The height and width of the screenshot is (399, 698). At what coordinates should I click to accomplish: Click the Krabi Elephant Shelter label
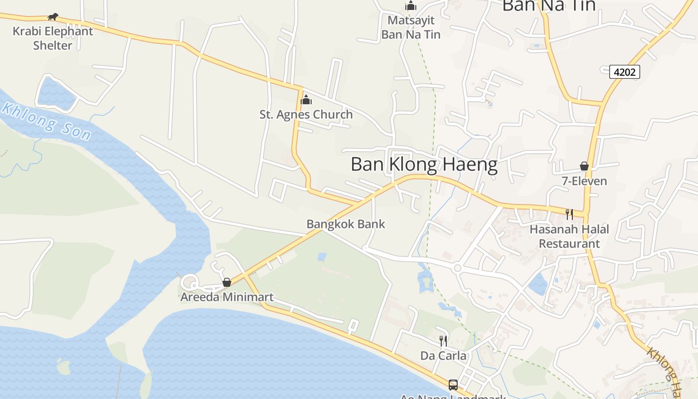pyautogui.click(x=53, y=38)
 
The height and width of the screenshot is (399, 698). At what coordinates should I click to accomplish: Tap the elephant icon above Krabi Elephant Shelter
pyautogui.click(x=53, y=17)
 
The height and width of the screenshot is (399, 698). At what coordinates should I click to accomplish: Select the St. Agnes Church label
pyautogui.click(x=306, y=115)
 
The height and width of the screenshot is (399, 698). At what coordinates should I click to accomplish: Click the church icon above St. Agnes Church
pyautogui.click(x=306, y=100)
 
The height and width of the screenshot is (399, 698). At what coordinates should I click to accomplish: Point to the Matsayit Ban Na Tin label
pyautogui.click(x=411, y=27)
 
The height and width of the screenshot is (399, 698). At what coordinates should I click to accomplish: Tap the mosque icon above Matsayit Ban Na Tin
pyautogui.click(x=411, y=6)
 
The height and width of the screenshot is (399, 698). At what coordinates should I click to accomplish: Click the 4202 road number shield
pyautogui.click(x=624, y=72)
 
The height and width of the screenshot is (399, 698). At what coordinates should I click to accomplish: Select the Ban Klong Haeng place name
pyautogui.click(x=424, y=165)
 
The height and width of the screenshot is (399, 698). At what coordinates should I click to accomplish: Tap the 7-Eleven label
pyautogui.click(x=584, y=181)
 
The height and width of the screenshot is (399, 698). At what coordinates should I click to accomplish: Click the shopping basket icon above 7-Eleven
pyautogui.click(x=584, y=166)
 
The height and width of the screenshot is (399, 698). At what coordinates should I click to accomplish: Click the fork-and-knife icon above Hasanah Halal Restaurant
pyautogui.click(x=569, y=214)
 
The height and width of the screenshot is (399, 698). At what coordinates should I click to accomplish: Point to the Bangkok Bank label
pyautogui.click(x=346, y=224)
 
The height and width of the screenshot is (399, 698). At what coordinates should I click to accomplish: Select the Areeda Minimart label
pyautogui.click(x=227, y=298)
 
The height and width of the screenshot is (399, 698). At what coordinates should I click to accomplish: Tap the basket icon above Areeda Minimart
pyautogui.click(x=227, y=283)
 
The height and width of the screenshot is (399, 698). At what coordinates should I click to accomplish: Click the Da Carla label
pyautogui.click(x=443, y=356)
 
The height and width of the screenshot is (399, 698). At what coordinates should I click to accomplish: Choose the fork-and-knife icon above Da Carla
pyautogui.click(x=443, y=341)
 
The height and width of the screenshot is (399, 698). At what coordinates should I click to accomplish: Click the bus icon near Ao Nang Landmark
pyautogui.click(x=453, y=385)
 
